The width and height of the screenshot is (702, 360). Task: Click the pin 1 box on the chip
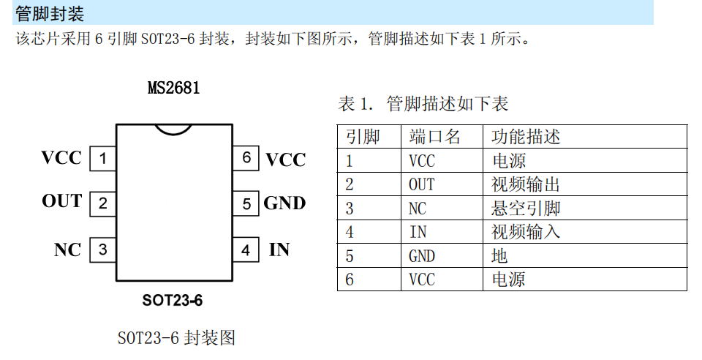pos(103,159)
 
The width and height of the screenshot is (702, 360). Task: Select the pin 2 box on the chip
pos(103,204)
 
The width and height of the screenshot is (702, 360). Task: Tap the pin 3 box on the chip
pos(103,250)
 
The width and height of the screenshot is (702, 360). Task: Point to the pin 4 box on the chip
pos(246,250)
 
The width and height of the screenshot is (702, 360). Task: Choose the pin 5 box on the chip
pos(246,204)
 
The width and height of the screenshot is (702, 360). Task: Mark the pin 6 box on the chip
pos(246,158)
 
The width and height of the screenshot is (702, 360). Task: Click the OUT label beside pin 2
pos(61,201)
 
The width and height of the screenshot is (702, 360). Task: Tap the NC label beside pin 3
pos(67,250)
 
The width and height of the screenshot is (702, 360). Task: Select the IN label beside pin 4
pos(279,250)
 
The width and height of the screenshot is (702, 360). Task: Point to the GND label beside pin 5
pos(284,203)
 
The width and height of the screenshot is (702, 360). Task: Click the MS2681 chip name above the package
pos(174,87)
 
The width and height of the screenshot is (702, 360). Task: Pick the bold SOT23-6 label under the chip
pos(173,300)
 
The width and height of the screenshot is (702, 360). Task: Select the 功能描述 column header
pos(526,137)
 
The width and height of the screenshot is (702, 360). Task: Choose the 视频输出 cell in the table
pos(526,184)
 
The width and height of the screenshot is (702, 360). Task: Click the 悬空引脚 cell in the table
pos(526,209)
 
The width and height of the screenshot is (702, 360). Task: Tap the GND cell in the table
pos(422,256)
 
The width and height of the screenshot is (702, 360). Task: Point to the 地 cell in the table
pos(499,256)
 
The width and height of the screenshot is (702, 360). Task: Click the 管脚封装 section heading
pos(50,13)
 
